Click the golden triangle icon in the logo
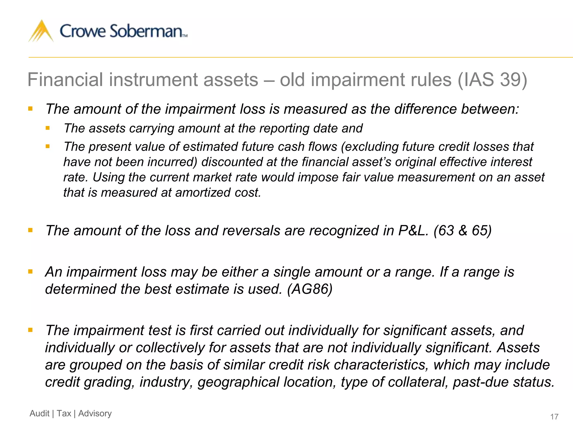41,31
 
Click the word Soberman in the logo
146,31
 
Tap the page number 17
554,417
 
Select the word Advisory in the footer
95,413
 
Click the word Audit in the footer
39,413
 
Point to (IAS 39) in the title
492,80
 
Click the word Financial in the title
65,80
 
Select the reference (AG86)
310,289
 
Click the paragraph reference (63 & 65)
462,231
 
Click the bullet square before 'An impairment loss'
30,272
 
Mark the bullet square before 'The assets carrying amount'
48,128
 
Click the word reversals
251,231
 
